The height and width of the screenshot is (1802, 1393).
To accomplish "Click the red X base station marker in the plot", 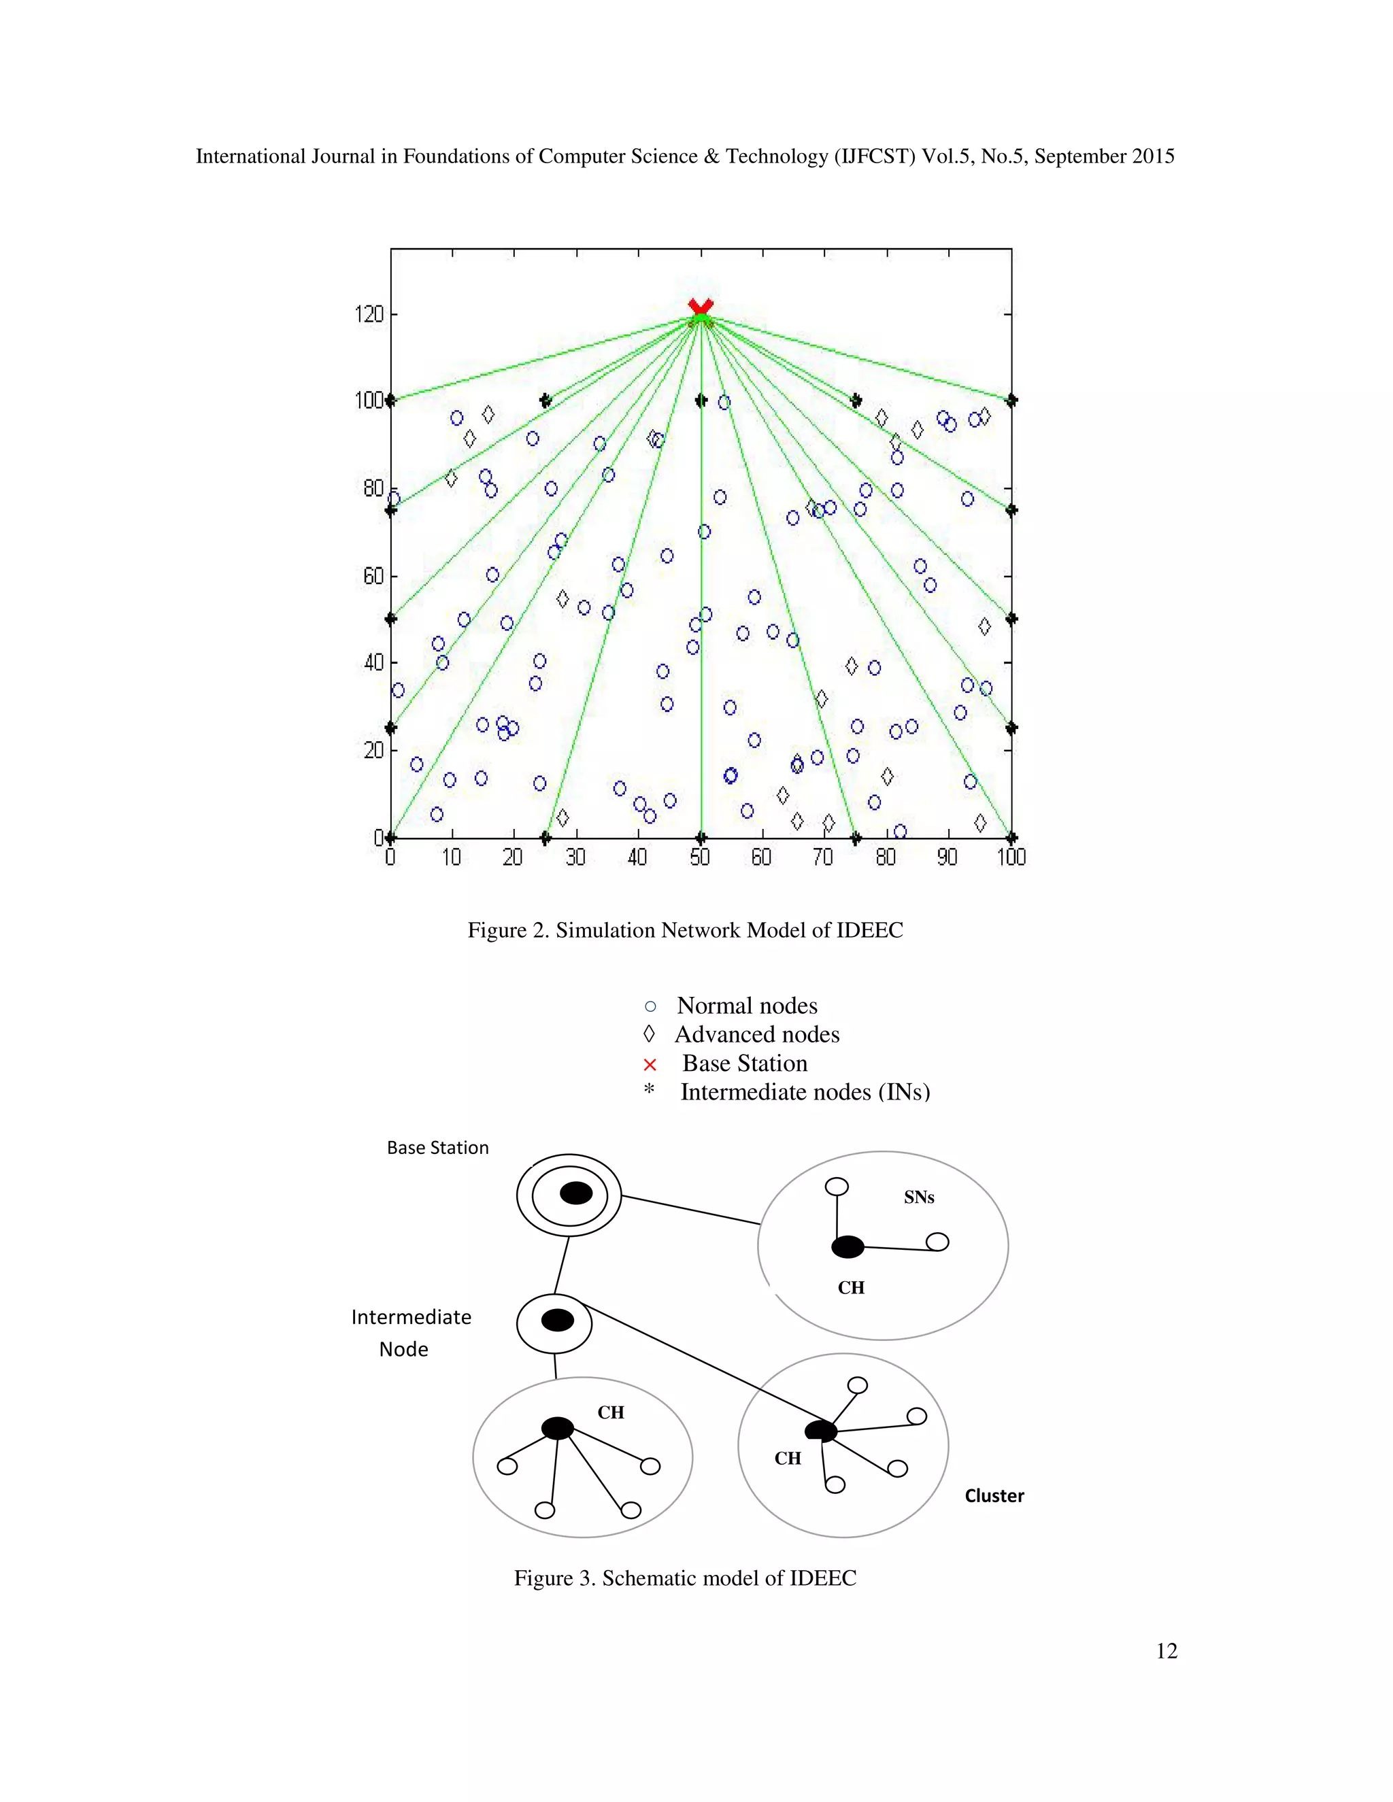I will (701, 308).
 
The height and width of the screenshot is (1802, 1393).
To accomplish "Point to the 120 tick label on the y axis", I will (369, 314).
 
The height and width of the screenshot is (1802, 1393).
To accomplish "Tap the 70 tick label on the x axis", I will (823, 858).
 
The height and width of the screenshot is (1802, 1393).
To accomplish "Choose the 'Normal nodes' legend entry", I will (746, 1006).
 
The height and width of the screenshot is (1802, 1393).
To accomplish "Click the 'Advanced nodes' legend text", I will (757, 1035).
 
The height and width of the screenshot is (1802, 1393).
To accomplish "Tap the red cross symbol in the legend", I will (650, 1064).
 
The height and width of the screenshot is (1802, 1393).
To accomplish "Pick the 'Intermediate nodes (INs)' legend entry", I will (805, 1093).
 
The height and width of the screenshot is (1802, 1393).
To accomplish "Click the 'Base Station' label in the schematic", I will (437, 1148).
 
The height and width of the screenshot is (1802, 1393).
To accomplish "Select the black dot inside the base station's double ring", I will (575, 1193).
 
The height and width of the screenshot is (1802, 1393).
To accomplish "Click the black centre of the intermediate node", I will (557, 1320).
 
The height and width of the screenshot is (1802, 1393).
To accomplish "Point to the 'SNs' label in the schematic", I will (918, 1198).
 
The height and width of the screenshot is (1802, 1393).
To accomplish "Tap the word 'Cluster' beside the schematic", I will (994, 1496).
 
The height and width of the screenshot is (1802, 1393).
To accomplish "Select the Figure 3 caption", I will (685, 1578).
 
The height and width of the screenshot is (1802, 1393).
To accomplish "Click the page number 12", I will (1166, 1651).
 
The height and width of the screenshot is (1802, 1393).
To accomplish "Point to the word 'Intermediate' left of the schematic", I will (411, 1318).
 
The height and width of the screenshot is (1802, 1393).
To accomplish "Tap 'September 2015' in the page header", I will (1104, 157).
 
